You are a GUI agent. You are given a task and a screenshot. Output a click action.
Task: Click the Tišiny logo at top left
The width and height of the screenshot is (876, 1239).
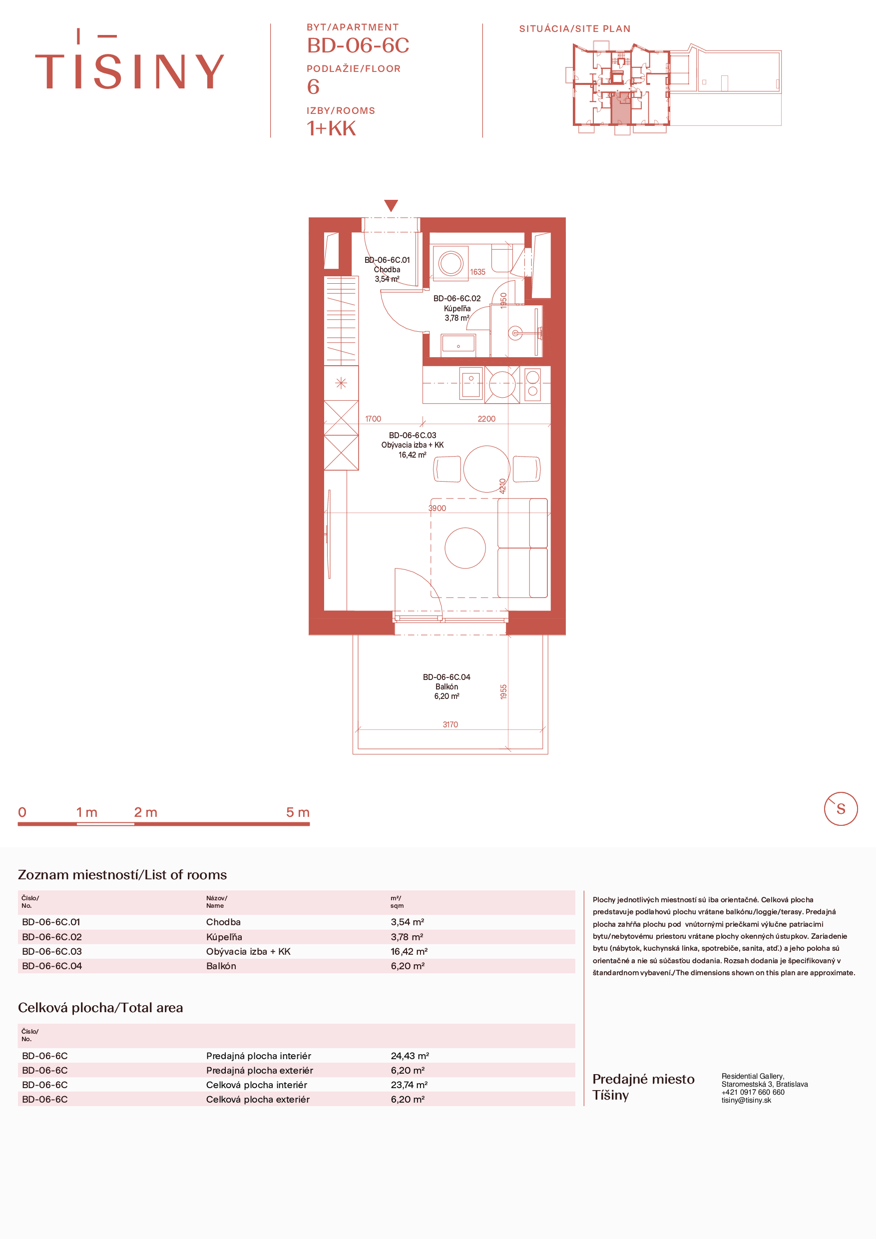(129, 59)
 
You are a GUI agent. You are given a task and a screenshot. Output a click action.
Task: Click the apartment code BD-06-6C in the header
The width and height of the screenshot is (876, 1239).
(358, 45)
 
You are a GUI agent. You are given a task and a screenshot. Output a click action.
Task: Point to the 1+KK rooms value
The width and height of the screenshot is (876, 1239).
(331, 128)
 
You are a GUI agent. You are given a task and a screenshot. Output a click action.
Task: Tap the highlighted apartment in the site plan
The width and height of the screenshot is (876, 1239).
(620, 108)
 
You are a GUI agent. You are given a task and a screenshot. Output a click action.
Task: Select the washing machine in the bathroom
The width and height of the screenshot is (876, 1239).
(450, 263)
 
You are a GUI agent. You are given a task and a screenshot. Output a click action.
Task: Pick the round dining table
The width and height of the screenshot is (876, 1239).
(486, 469)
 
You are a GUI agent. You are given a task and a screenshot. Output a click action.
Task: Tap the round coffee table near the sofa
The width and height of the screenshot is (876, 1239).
(465, 548)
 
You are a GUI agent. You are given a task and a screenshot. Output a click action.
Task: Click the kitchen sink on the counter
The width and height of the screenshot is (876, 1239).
(471, 383)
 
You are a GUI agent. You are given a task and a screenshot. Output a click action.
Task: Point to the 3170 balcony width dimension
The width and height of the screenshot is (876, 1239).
(450, 725)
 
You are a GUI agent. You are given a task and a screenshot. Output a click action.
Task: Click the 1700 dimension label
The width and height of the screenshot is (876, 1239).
(373, 419)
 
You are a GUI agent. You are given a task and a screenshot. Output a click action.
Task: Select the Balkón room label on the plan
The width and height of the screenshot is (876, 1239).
(446, 686)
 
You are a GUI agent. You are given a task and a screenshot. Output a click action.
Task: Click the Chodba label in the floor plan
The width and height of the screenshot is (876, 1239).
(387, 269)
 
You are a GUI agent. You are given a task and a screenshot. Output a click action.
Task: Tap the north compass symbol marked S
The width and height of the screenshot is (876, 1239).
(841, 809)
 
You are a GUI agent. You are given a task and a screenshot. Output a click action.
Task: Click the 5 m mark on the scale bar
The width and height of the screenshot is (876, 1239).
(298, 812)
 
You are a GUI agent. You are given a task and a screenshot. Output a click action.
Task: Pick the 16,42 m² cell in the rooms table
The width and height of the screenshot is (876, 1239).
(409, 951)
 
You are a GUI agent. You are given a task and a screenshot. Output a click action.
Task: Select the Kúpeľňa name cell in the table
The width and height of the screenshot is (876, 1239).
(224, 937)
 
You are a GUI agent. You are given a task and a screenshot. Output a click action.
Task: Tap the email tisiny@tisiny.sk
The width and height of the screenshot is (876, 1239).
(747, 1100)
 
